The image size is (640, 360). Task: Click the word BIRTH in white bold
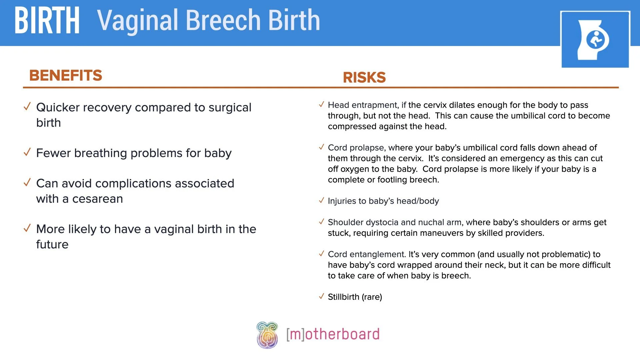47,21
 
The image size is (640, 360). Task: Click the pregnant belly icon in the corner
595,40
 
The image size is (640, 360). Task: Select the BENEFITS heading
66,75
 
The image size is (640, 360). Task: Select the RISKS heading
364,77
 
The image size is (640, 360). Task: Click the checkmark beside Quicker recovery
27,107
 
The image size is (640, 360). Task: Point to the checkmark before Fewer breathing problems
27,152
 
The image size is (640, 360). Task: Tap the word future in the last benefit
52,244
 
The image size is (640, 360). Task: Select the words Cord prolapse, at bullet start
357,148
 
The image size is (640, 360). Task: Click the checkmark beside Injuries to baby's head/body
321,200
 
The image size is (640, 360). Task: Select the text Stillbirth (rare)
355,297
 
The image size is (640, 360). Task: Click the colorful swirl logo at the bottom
267,335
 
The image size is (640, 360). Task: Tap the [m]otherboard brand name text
333,334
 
